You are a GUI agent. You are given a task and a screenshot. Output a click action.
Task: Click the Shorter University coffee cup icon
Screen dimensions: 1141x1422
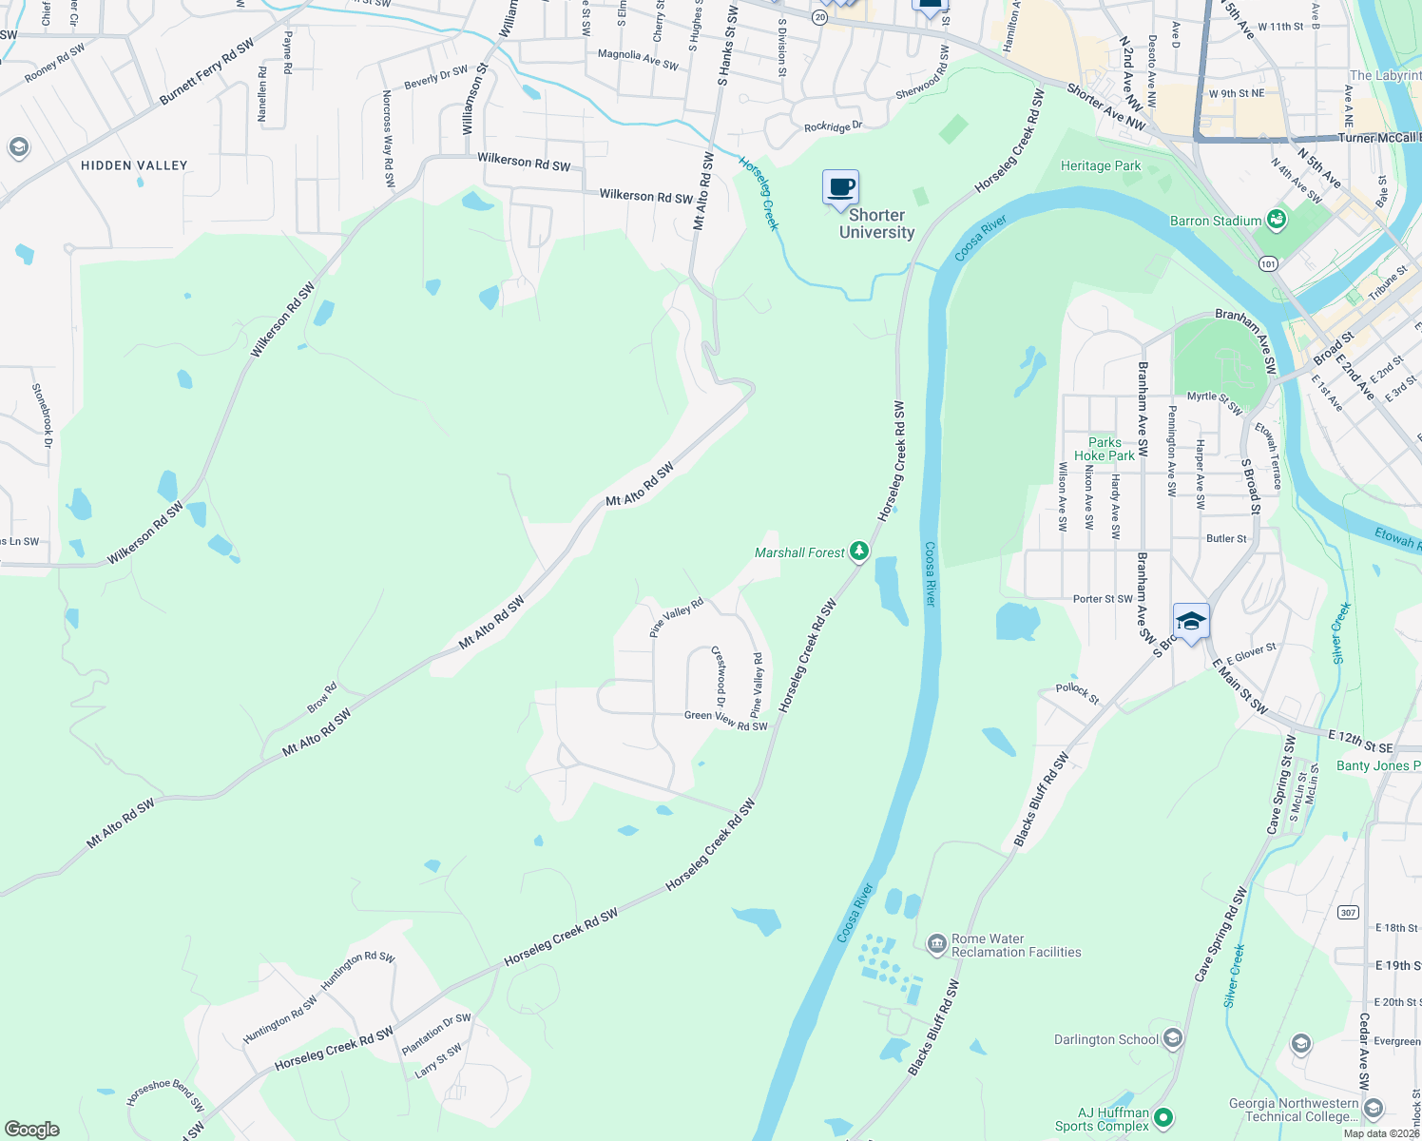coord(840,187)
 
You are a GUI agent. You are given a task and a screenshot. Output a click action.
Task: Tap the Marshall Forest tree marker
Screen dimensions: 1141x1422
coord(859,551)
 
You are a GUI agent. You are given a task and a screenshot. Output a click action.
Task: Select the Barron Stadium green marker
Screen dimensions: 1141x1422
coord(1277,221)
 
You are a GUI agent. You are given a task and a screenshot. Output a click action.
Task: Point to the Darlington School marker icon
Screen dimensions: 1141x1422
coord(1172,1038)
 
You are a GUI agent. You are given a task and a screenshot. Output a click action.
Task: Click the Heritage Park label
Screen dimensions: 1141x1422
coord(1101,165)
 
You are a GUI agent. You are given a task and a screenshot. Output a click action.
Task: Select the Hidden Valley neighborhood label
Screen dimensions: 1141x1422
coord(134,165)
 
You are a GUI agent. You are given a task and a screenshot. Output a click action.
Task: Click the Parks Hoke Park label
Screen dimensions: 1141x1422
coord(1105,449)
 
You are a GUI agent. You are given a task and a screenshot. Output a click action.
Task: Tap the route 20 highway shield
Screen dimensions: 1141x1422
coord(819,17)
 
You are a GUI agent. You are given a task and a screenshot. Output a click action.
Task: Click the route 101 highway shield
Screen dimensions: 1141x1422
coord(1268,263)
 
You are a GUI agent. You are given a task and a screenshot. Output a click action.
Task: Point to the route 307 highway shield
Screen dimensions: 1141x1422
coord(1348,913)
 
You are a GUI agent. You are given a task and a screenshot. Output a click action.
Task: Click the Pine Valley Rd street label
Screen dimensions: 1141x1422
coord(676,617)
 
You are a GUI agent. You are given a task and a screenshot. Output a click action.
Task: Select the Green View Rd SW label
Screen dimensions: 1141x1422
coord(725,721)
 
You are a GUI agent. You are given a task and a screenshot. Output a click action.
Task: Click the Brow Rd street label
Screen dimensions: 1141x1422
coord(322,698)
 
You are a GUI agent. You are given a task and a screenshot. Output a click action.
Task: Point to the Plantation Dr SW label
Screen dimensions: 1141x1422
coord(436,1034)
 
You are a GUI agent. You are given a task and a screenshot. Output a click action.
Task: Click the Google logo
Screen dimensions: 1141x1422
coord(31,1130)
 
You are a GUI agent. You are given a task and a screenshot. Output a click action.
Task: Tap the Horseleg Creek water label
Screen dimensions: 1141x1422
coord(759,193)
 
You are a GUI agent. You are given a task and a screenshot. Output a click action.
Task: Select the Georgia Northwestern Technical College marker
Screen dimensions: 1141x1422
coord(1373,1109)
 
